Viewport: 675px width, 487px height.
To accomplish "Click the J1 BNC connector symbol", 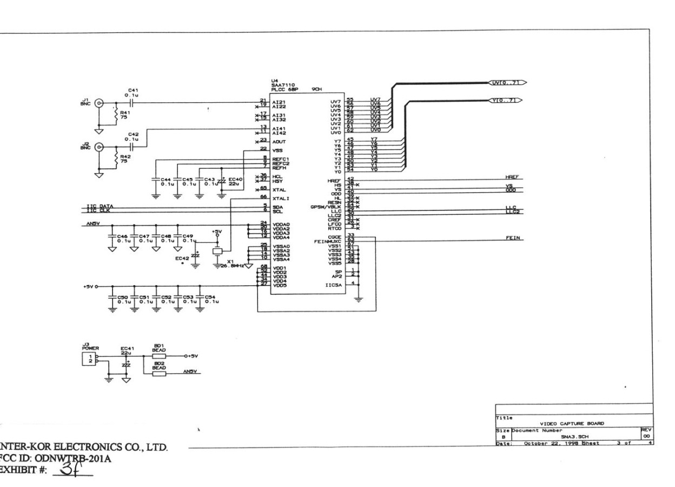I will click(x=98, y=102).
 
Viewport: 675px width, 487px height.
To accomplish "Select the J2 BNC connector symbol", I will click(x=98, y=147).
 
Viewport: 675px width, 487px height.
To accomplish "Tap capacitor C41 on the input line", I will click(x=131, y=102).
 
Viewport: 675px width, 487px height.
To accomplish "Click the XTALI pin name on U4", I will click(x=280, y=199).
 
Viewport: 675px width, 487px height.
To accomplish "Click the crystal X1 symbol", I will click(x=217, y=251).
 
